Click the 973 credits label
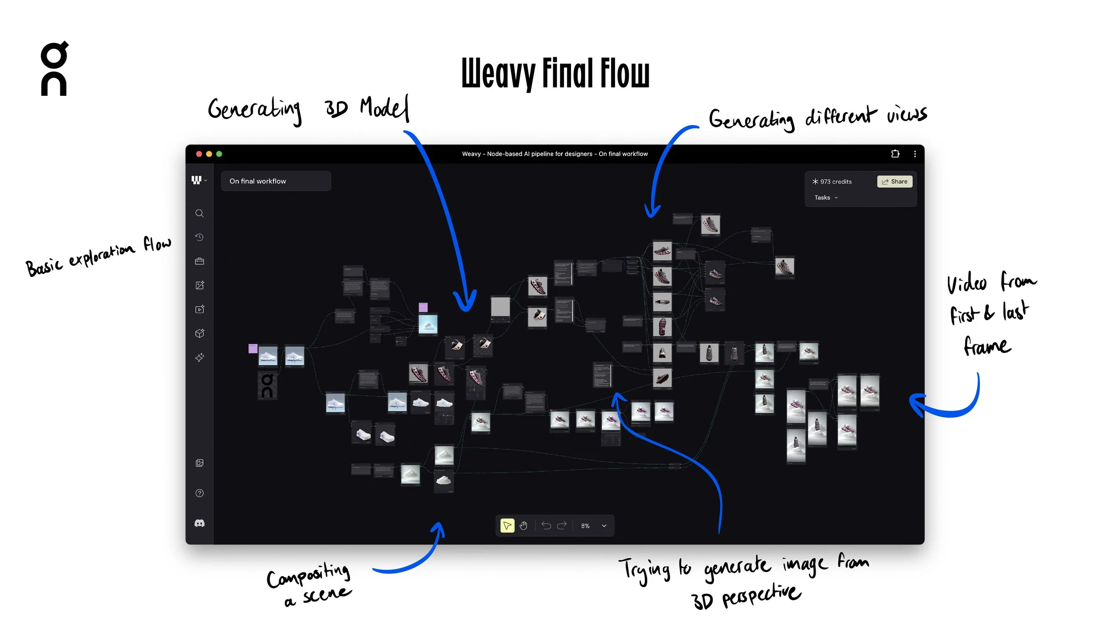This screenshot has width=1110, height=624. (832, 182)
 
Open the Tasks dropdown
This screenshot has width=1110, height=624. (826, 197)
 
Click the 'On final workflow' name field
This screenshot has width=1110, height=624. (276, 181)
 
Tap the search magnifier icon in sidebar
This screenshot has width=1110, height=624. (199, 213)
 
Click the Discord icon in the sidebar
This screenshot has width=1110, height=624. (199, 524)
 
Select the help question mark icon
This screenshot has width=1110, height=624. (199, 493)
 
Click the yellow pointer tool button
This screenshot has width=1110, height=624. (507, 525)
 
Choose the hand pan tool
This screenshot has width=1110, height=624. (523, 525)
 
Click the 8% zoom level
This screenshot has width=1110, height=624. (585, 526)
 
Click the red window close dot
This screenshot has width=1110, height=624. (199, 154)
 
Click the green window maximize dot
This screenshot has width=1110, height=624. (219, 154)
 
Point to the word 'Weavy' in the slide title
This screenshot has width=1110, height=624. (498, 73)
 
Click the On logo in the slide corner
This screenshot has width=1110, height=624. (54, 69)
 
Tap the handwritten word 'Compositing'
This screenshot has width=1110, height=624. (308, 576)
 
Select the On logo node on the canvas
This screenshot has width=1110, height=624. (267, 386)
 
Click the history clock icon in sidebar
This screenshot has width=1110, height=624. (199, 237)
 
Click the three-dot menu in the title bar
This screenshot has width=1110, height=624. (915, 154)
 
